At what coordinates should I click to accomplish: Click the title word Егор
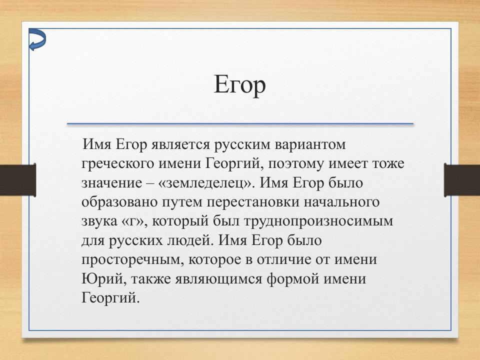(x=239, y=85)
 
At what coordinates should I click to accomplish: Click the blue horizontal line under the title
(x=240, y=123)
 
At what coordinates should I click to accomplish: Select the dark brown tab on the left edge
(x=17, y=180)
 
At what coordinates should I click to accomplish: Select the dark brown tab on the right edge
(x=462, y=180)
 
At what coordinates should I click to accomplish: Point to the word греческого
(x=116, y=163)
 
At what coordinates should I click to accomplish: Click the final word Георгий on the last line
(x=108, y=298)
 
